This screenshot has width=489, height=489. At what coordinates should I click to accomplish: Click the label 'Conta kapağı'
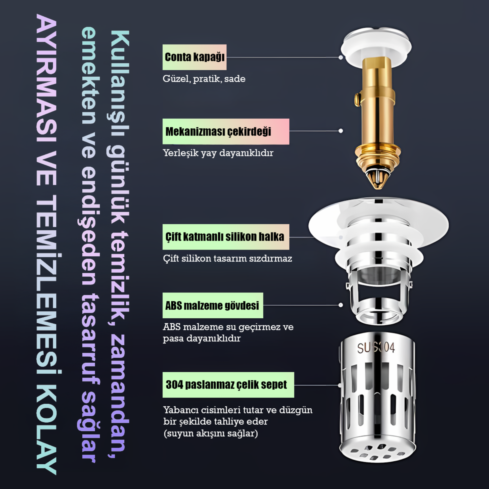click(194, 57)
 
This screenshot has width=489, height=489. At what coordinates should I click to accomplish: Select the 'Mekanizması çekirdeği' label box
click(226, 131)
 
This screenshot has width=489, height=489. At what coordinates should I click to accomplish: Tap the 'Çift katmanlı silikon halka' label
click(226, 237)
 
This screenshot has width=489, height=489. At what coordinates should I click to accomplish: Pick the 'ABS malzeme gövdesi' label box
click(213, 305)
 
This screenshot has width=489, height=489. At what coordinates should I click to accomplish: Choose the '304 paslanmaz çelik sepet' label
click(228, 385)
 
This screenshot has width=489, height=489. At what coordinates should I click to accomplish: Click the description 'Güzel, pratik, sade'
click(204, 79)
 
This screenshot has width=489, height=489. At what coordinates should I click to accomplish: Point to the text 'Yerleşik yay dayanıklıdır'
click(218, 153)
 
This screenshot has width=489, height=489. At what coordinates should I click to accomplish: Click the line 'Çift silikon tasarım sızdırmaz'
click(228, 258)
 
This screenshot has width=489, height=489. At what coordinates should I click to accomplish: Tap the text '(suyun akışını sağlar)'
click(211, 433)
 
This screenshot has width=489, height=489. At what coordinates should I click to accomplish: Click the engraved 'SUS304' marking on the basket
click(376, 348)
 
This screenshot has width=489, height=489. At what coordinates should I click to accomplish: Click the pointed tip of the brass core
click(378, 188)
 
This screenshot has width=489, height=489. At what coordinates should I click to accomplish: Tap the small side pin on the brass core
click(357, 99)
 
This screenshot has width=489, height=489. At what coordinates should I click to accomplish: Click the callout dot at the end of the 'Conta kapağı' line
click(341, 58)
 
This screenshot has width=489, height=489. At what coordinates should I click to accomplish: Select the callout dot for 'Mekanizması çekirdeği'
click(341, 131)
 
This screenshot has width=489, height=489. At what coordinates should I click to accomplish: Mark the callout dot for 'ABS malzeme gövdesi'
click(341, 305)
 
